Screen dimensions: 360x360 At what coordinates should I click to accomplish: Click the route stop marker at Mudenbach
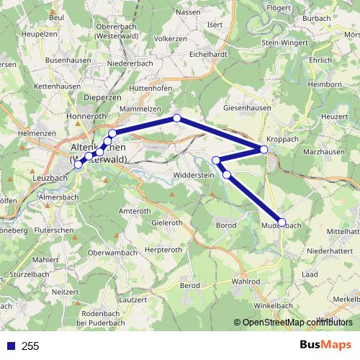282,222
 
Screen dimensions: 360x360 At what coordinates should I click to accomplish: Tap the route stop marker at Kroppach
264,149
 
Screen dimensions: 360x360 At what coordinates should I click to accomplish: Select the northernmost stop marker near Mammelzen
176,118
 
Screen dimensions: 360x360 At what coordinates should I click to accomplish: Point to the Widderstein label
194,176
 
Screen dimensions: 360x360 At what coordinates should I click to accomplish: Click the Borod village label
226,225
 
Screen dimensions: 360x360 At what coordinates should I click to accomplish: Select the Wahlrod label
246,282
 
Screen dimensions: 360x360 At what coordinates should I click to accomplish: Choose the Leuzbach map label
50,177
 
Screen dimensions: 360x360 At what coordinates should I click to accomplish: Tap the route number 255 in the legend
30,346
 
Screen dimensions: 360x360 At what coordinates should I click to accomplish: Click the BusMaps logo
325,345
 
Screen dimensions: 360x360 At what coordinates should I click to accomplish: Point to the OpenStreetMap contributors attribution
293,323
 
